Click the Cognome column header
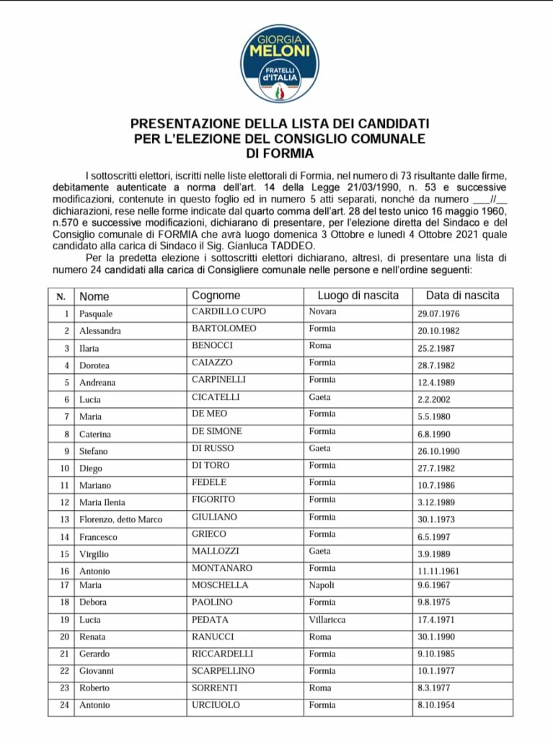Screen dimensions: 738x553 [x=216, y=295]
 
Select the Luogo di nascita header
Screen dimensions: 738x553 [x=358, y=295]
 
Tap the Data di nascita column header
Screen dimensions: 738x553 [x=462, y=295]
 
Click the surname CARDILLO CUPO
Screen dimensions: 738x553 [x=229, y=311]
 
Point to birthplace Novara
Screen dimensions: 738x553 [x=323, y=311]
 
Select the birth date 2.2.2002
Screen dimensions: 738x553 [x=435, y=399]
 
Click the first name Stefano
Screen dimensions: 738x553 [x=94, y=451]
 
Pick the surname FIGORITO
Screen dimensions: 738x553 [x=213, y=499]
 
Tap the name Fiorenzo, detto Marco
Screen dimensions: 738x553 [x=120, y=520]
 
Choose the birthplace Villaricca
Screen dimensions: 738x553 [x=329, y=619]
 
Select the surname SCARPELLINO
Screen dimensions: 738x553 [x=224, y=670]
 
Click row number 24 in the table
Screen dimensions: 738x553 [x=65, y=705]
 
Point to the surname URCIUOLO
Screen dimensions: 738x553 [x=216, y=704]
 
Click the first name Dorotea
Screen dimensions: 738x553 [x=94, y=365]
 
